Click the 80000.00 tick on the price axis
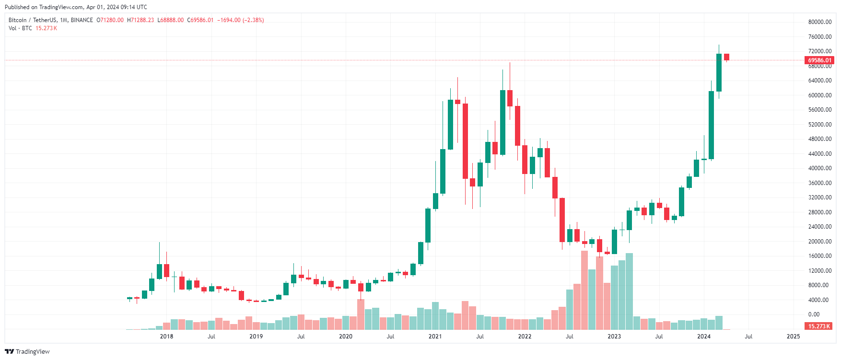pos(819,22)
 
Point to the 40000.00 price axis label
pos(819,168)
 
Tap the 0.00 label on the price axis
pos(814,314)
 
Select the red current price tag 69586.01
pos(819,60)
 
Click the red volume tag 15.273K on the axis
pos(819,326)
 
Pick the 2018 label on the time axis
pos(166,337)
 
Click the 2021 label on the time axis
pos(435,337)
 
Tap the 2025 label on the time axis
pos(793,337)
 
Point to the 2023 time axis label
pos(614,337)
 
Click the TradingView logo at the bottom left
pos(27,351)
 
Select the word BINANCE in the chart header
pos(82,20)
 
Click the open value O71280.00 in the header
pos(110,20)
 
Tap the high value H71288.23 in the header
pos(140,20)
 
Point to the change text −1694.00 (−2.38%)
pos(241,20)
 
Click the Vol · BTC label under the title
pos(20,28)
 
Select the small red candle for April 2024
pos(726,57)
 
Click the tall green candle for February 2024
pos(712,125)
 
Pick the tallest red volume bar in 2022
pos(584,290)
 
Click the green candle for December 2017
pos(159,271)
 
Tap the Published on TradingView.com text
pos(76,7)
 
